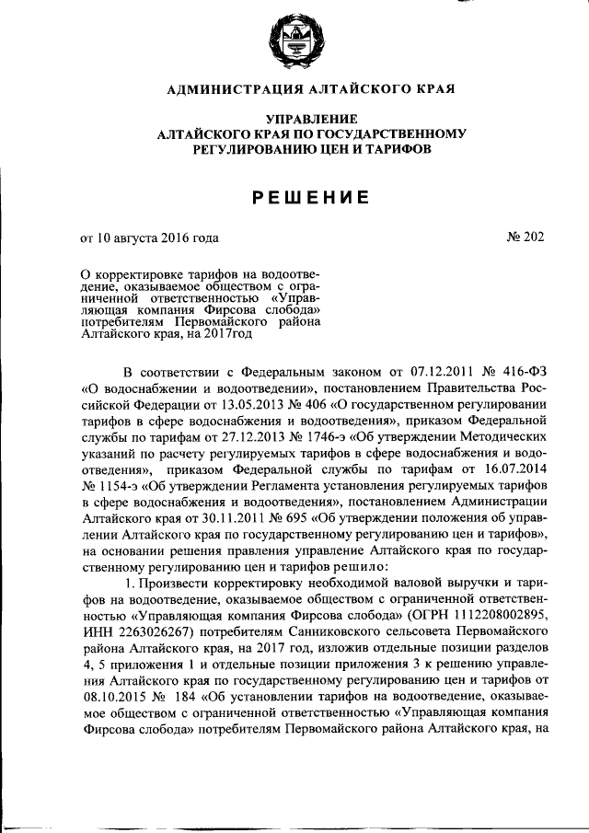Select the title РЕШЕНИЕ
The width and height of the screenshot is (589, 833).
[294, 196]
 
